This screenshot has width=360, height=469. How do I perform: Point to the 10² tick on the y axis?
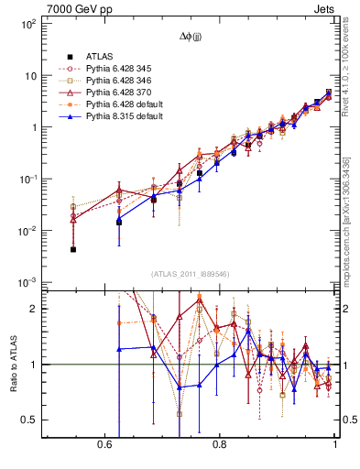click(x=27, y=24)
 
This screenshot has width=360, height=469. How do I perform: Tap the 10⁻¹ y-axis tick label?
click(x=27, y=179)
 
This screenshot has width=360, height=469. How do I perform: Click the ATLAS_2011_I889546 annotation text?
click(x=191, y=273)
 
